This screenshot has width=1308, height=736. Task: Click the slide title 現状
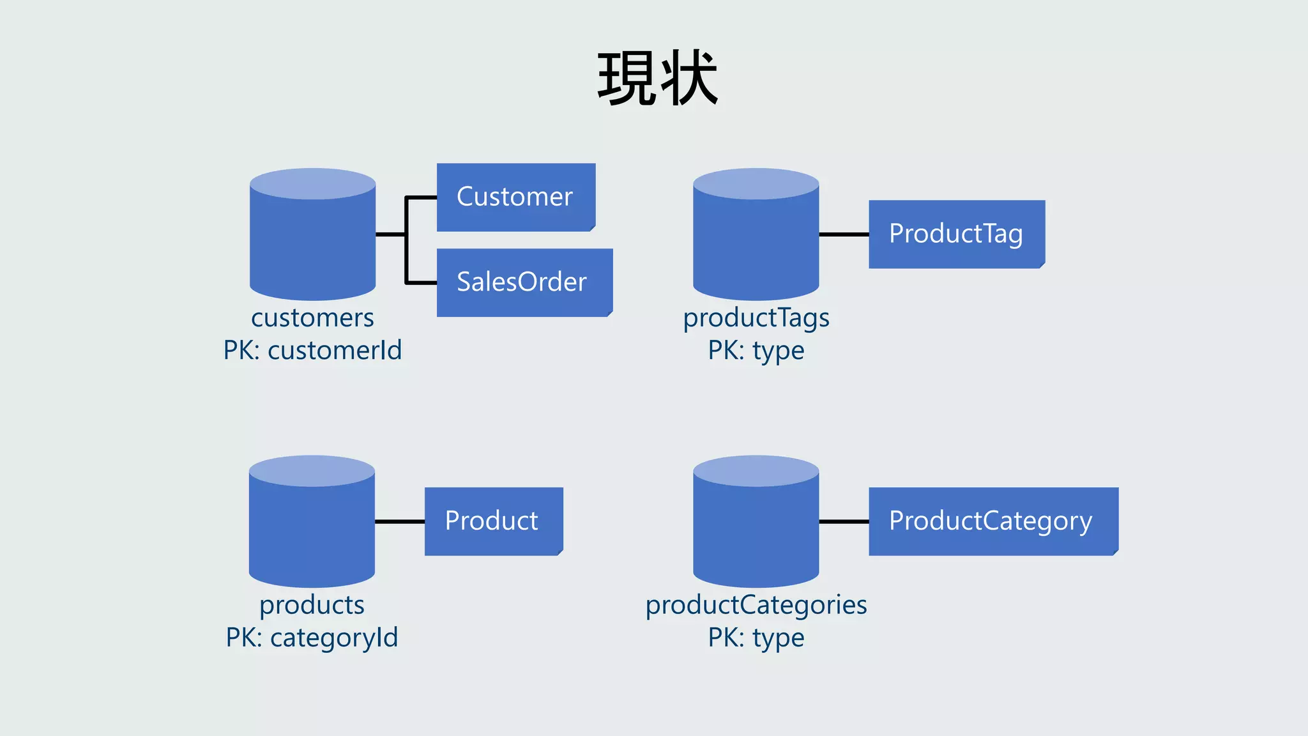658,79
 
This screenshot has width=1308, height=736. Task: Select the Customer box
515,197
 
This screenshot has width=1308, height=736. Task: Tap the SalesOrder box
524,282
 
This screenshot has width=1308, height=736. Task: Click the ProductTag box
956,234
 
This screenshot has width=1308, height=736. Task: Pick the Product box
493,521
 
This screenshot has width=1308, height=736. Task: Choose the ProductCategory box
992,521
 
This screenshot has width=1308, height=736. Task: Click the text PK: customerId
312,350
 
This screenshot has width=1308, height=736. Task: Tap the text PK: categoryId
312,637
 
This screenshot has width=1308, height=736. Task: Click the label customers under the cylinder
312,318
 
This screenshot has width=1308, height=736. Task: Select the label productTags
756,318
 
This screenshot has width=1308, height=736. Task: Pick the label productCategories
756,604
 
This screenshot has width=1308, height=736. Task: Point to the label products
312,604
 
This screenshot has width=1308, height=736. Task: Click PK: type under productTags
756,350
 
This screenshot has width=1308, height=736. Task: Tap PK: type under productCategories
756,637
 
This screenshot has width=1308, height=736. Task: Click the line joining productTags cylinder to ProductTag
844,234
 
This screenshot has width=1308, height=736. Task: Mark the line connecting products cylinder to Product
400,521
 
